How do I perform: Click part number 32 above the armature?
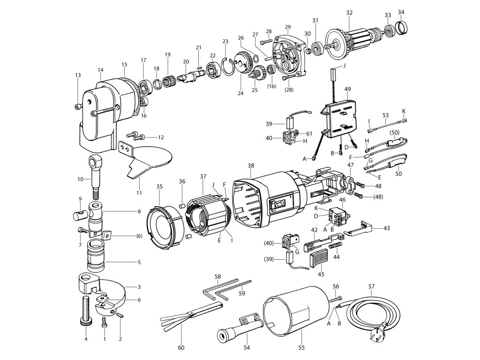[349, 13]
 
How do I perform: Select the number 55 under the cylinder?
[301, 347]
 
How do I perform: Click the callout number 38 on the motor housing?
[251, 166]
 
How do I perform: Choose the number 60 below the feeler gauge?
[181, 347]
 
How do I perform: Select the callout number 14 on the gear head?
[100, 71]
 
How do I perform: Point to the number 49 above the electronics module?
[347, 88]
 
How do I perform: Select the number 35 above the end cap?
[159, 187]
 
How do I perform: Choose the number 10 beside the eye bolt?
[80, 179]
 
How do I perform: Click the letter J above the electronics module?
[344, 66]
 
